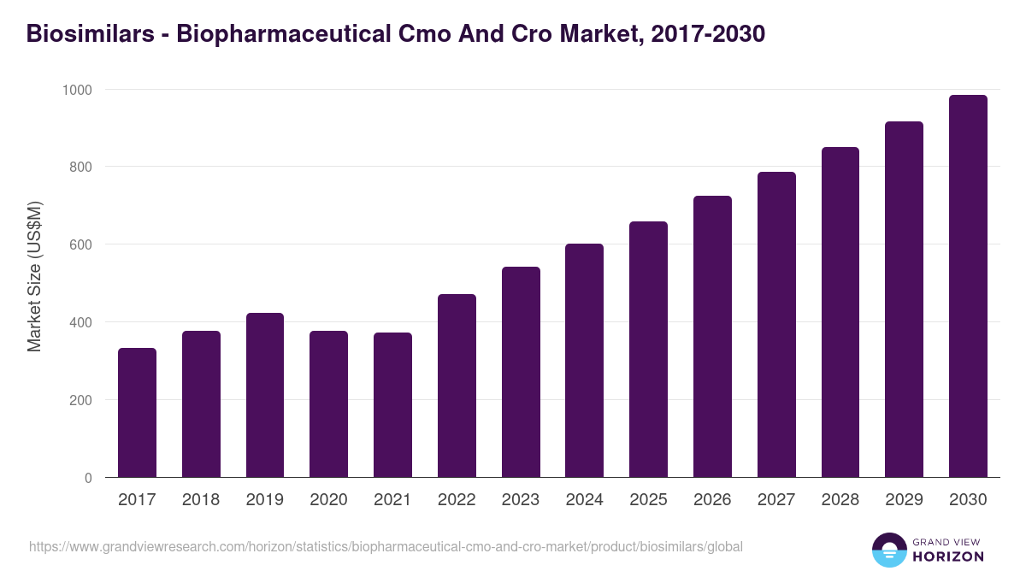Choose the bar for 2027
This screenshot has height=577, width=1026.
[776, 325]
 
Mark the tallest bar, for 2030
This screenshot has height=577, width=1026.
[968, 286]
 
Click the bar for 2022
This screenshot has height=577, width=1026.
[457, 386]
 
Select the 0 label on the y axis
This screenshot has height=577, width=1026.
[88, 478]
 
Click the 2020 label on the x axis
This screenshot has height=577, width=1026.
[328, 500]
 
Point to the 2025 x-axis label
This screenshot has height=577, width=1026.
[648, 500]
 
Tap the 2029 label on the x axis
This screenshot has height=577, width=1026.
[904, 500]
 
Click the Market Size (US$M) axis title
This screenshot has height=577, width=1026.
[34, 275]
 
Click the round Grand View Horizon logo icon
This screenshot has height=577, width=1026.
[888, 550]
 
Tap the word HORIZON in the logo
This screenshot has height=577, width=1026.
[949, 556]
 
